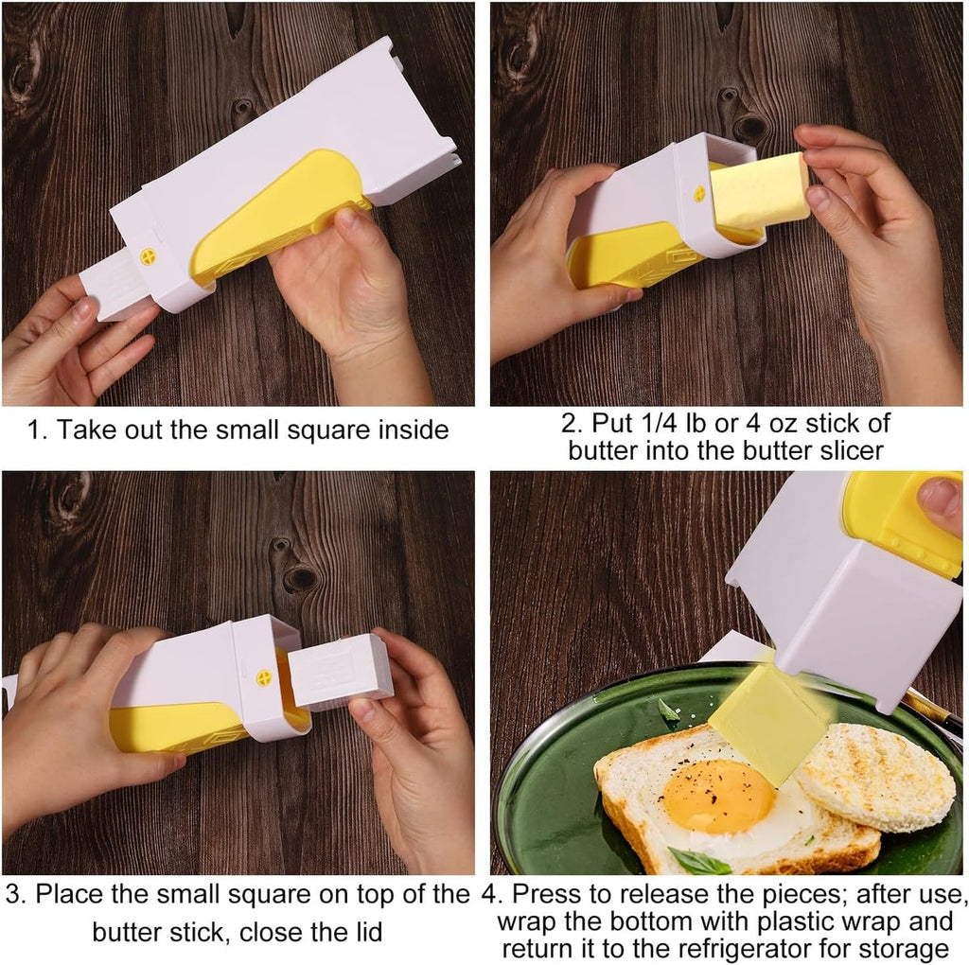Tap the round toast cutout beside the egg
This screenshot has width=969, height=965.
[x=874, y=777]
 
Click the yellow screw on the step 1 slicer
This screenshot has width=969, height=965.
[x=149, y=256]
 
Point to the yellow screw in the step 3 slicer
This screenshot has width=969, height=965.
[x=264, y=677]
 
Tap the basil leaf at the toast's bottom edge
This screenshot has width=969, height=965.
[x=700, y=860]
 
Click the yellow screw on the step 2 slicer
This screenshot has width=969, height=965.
[x=699, y=193]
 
